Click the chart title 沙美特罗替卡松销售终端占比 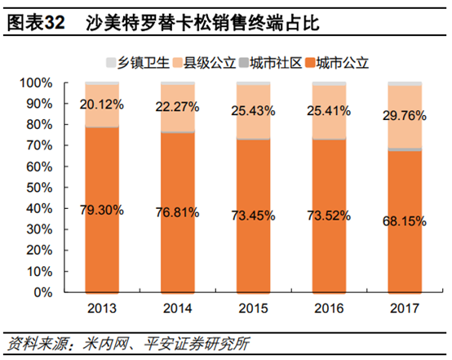[x=202, y=24]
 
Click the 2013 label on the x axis [x=102, y=308]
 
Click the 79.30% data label [x=102, y=210]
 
